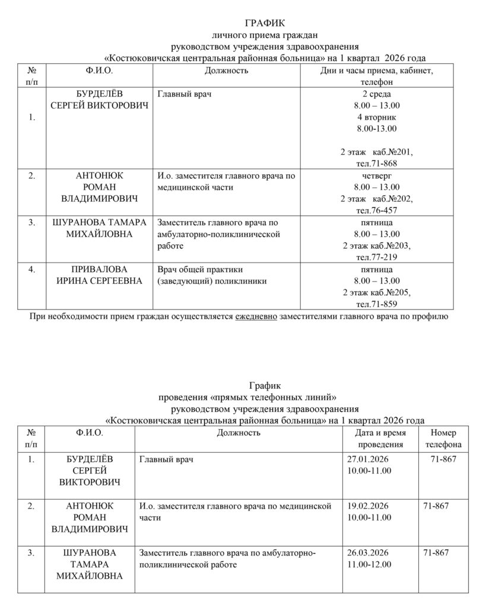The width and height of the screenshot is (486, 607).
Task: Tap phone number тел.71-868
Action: pos(376,163)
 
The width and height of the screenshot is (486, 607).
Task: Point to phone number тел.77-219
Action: pos(376,257)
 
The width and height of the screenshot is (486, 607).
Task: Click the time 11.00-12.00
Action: pos(369,564)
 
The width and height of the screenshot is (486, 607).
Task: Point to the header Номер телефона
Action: pos(443,439)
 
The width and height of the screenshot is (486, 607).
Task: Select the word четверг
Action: pos(376,176)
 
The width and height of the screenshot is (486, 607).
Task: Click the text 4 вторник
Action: pos(376,117)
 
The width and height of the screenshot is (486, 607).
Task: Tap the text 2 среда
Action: pos(376,94)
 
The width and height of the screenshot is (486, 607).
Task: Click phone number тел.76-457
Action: pos(376,210)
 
